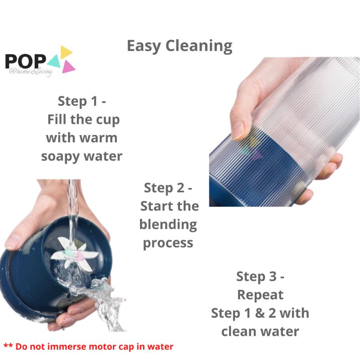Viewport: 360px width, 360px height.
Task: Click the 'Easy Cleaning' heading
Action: pyautogui.click(x=180, y=46)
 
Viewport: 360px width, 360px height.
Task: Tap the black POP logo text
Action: pyautogui.click(x=25, y=61)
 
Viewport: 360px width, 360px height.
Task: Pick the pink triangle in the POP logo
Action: pyautogui.click(x=68, y=67)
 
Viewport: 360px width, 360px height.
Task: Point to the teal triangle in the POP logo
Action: pyautogui.click(x=54, y=62)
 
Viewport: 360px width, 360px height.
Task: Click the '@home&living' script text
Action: pyautogui.click(x=31, y=72)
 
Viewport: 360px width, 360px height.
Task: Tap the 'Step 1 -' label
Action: pyautogui.click(x=82, y=101)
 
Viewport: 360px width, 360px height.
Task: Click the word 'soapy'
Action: pyautogui.click(x=60, y=157)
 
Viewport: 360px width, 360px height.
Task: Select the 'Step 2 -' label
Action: pyautogui.click(x=168, y=188)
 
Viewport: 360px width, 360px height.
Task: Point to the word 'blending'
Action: pyautogui.click(x=168, y=225)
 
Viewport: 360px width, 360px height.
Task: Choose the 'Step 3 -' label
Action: pyautogui.click(x=260, y=276)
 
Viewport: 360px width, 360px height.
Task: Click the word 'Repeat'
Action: pyautogui.click(x=260, y=295)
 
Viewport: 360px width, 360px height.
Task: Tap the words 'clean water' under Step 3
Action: pyautogui.click(x=260, y=332)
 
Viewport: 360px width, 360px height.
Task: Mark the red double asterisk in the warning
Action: pyautogui.click(x=8, y=345)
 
